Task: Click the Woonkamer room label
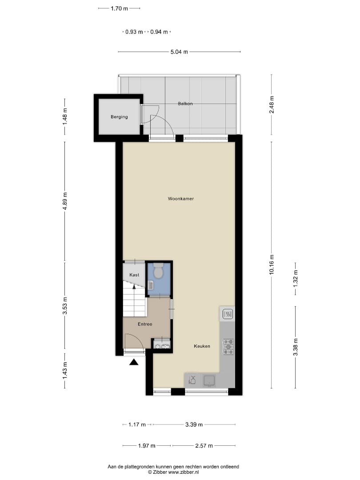click(181, 199)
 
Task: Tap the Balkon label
click(185, 104)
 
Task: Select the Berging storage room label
click(119, 117)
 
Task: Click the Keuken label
click(202, 346)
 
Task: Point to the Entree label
click(144, 324)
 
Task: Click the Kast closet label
click(134, 275)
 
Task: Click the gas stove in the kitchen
click(228, 347)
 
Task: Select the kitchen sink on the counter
click(209, 380)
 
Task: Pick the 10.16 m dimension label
click(272, 265)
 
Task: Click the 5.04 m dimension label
click(179, 52)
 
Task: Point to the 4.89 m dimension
click(65, 201)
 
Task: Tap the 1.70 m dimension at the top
click(119, 8)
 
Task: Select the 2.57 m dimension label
click(204, 446)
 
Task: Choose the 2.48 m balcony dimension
click(272, 104)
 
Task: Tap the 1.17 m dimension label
click(137, 424)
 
